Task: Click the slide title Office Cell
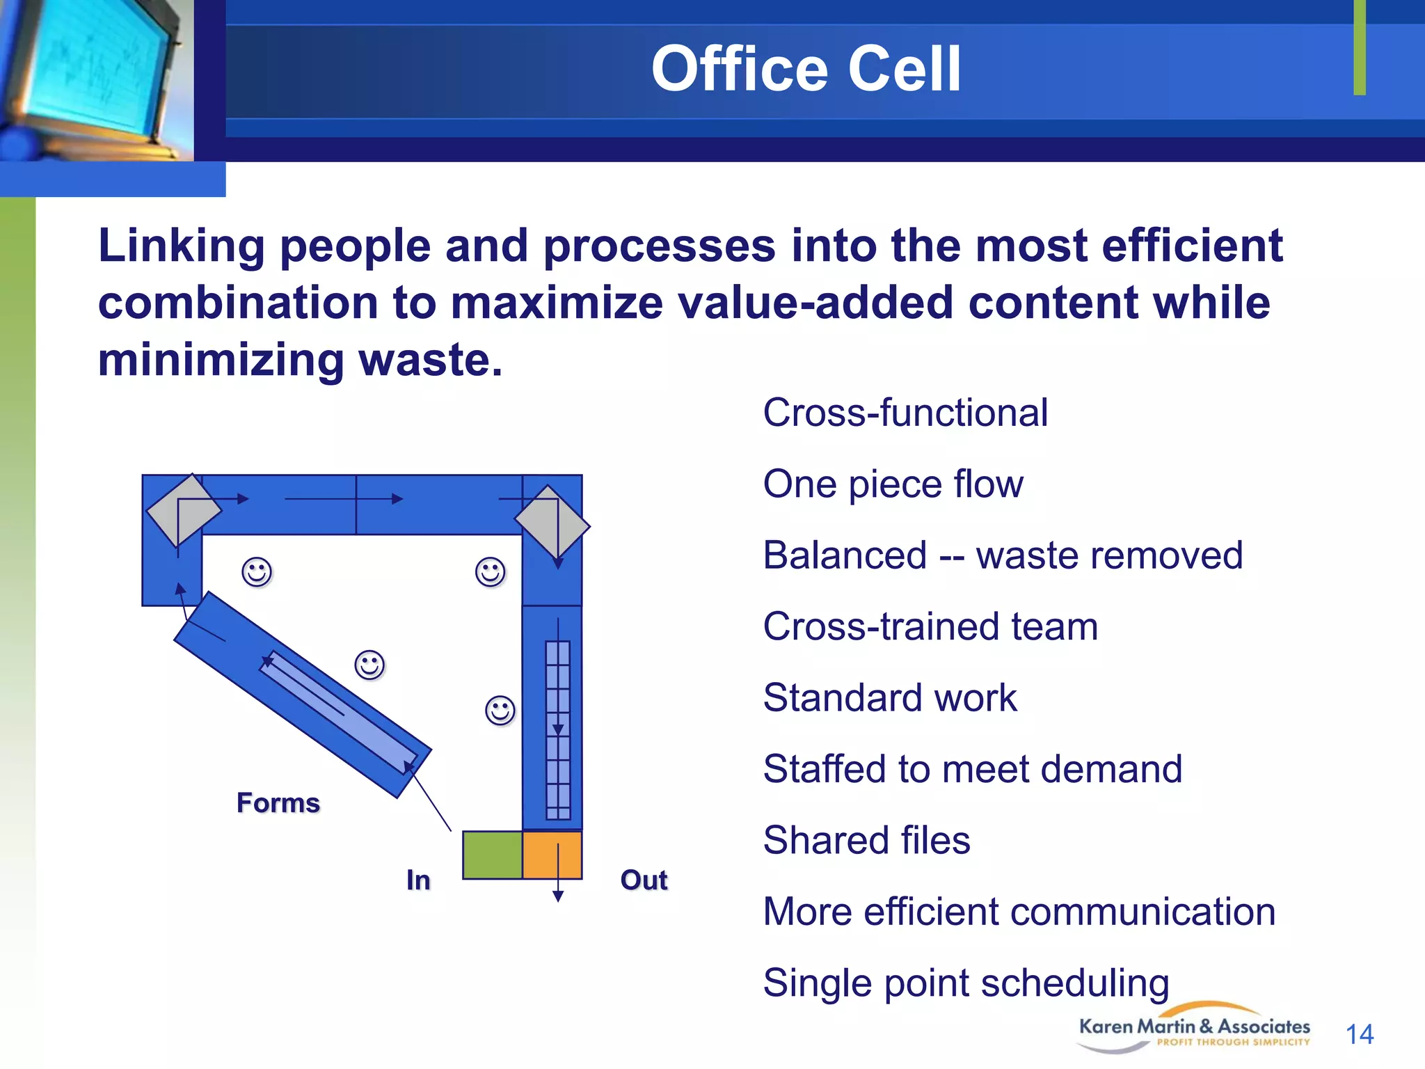806,69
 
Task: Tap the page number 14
1359,1034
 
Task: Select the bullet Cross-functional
905,413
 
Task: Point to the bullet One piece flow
893,484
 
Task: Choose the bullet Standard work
889,697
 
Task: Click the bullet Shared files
866,840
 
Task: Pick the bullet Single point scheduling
966,983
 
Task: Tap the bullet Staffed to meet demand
972,769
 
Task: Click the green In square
492,855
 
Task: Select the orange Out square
552,855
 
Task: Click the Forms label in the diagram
278,803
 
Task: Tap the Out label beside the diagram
644,880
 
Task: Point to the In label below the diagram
418,880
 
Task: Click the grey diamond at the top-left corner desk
183,510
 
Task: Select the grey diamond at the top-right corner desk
552,522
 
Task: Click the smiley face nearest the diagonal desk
369,665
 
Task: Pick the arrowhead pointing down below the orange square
558,896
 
